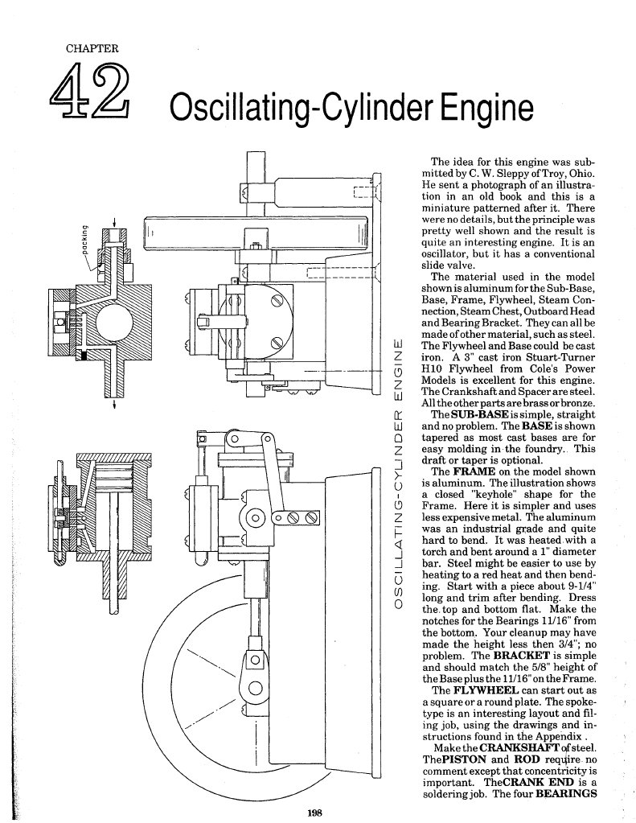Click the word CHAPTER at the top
(x=91, y=48)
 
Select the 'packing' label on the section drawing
(x=83, y=241)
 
